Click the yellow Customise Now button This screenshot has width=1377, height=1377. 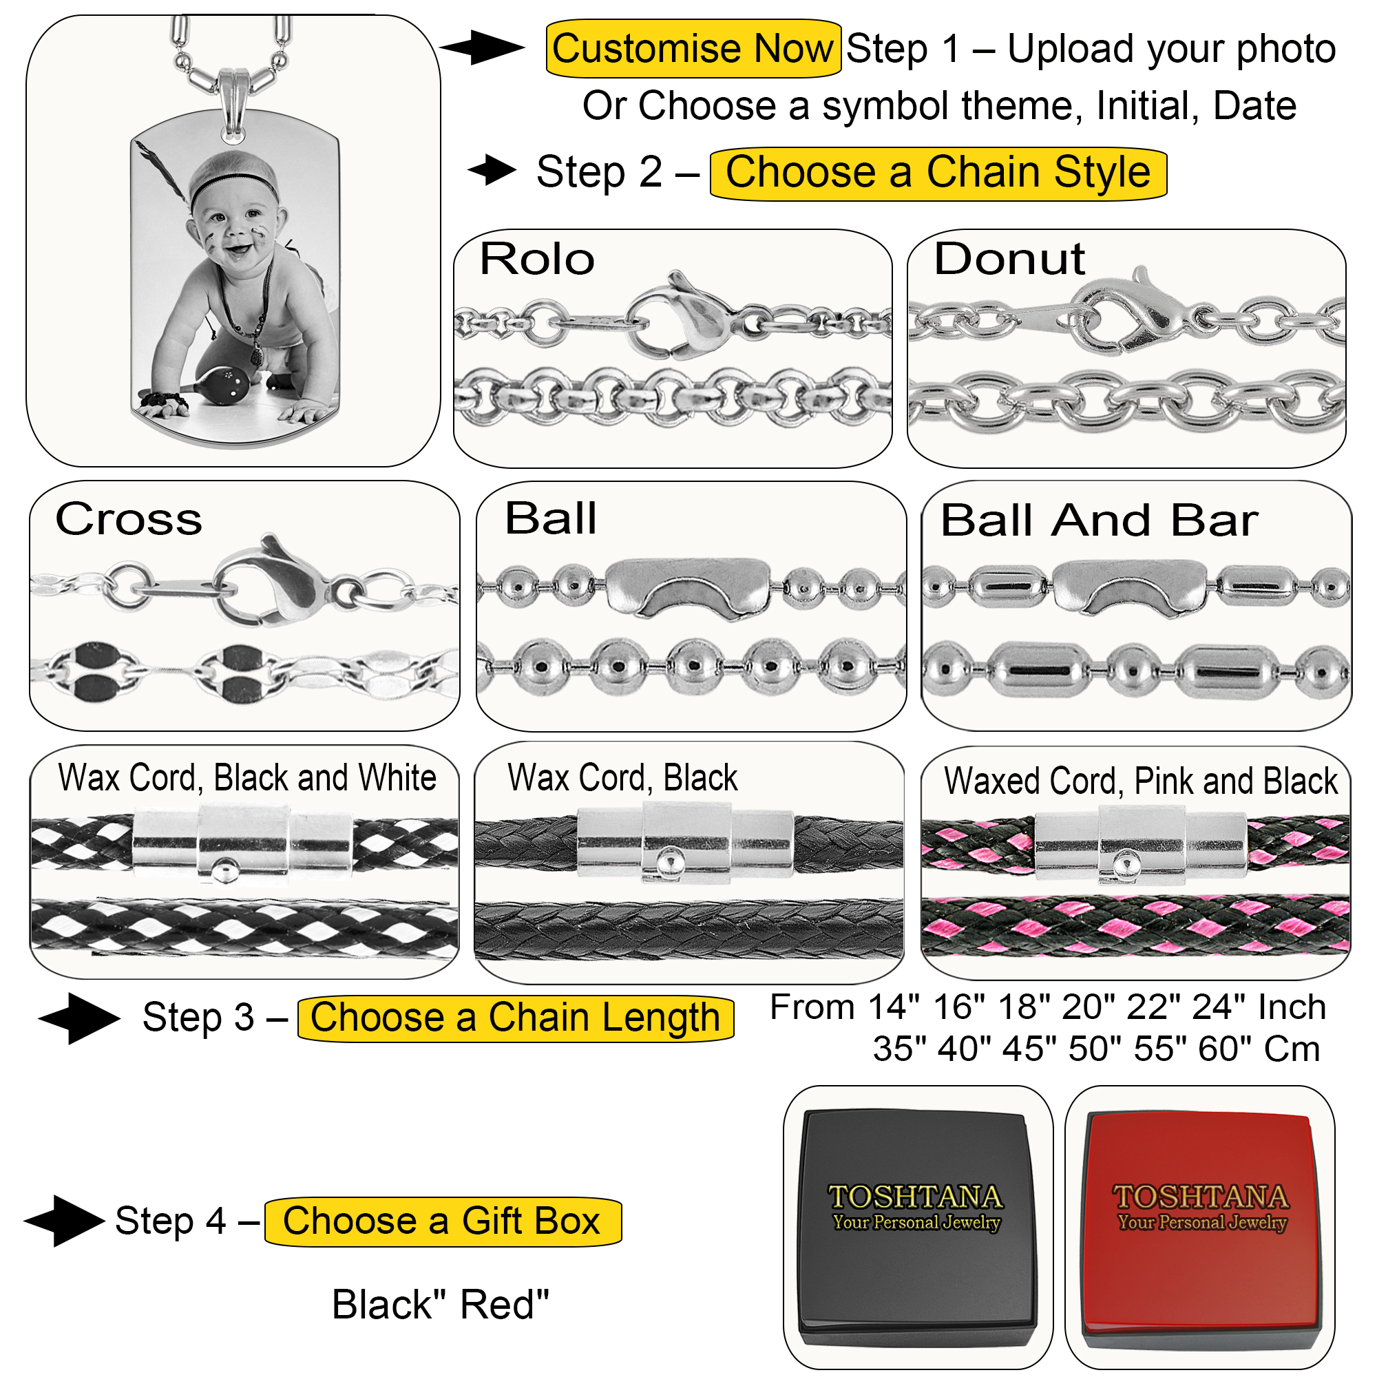[692, 48]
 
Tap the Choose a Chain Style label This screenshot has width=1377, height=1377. [937, 174]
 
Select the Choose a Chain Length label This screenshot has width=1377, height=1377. [514, 1018]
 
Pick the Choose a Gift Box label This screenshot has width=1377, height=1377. [442, 1221]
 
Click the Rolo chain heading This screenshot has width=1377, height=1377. [537, 259]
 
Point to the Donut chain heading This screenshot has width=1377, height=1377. [1009, 259]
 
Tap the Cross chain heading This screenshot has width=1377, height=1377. [129, 519]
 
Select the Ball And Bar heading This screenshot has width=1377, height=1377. [1098, 521]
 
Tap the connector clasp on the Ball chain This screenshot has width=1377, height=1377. [688, 587]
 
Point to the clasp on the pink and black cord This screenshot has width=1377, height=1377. [1140, 843]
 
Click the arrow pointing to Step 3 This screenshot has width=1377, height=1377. [79, 1018]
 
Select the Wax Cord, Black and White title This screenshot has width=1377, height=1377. [246, 777]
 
